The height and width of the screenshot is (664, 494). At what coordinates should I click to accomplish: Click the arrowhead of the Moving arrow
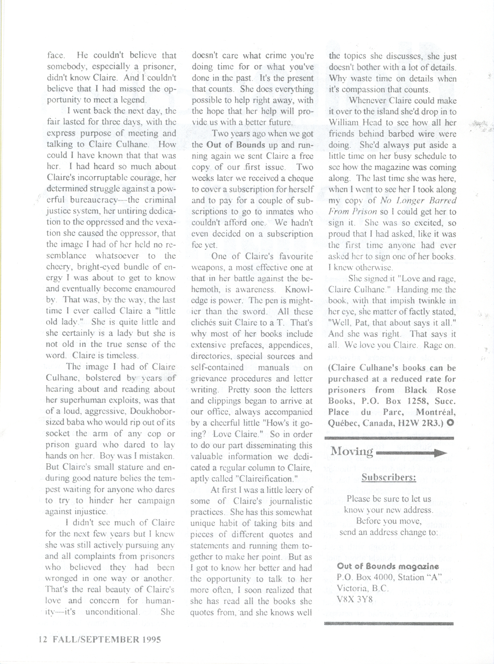point(443,453)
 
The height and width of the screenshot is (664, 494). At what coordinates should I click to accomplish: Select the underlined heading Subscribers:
point(389,477)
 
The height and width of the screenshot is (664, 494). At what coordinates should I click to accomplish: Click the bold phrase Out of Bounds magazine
point(388,566)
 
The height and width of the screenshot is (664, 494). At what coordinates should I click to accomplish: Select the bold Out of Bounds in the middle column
point(236,145)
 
